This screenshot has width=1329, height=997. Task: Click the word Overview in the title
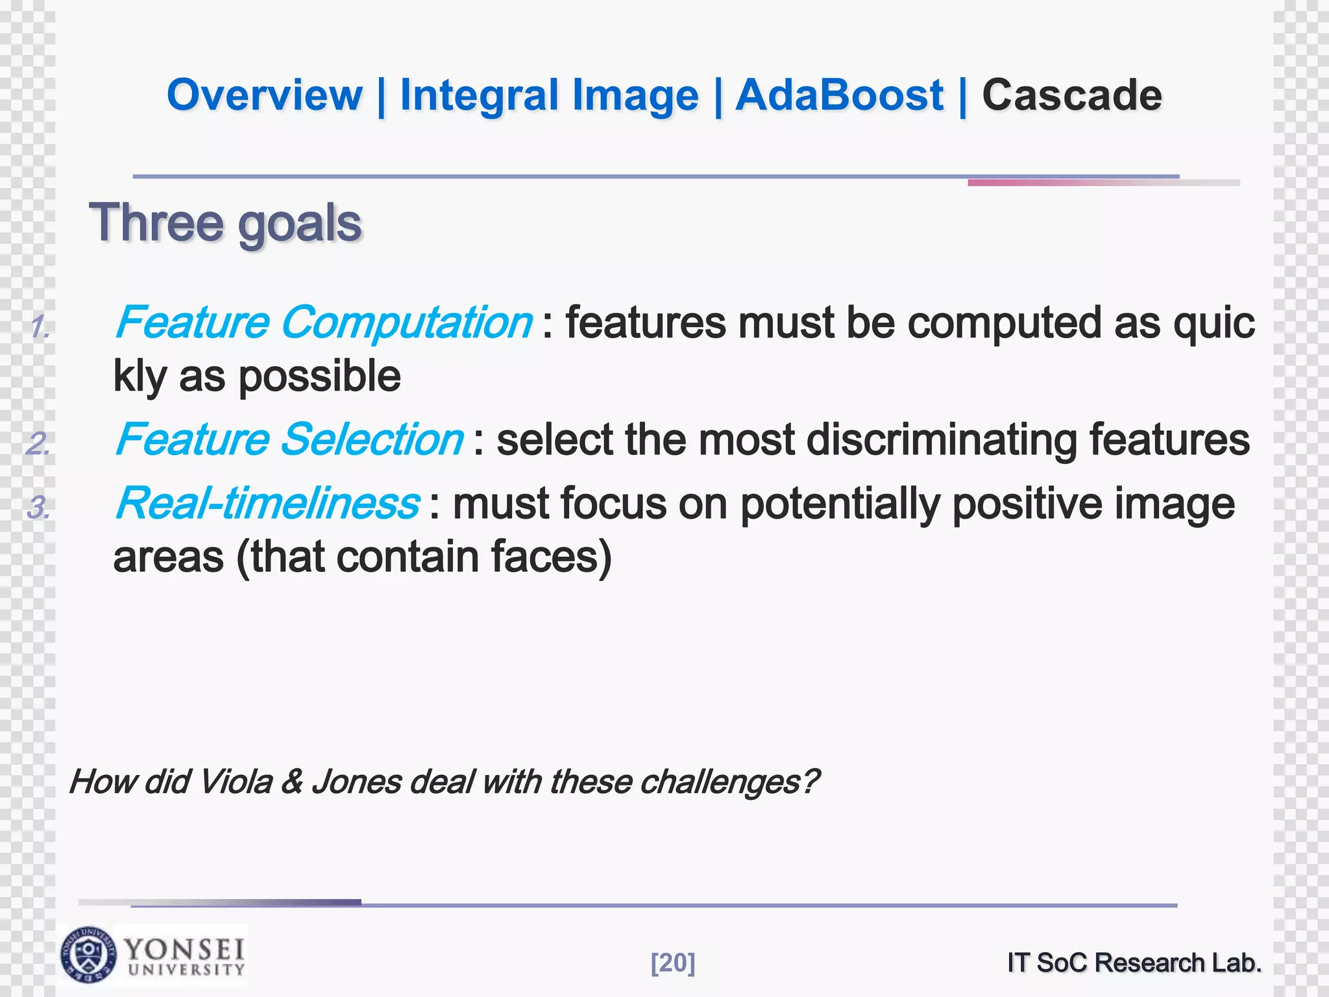[264, 95]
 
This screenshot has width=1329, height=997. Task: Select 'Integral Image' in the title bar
[549, 95]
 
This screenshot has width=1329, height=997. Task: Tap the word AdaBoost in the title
[839, 95]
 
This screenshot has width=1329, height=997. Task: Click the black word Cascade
[1071, 95]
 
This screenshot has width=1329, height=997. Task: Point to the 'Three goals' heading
[225, 223]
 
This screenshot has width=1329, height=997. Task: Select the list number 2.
[38, 443]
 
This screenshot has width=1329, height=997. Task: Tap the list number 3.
[38, 507]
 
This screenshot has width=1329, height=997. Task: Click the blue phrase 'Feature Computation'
[323, 323]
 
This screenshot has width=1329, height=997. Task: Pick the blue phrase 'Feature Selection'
[289, 439]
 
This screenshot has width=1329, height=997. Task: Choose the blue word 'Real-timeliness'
[267, 503]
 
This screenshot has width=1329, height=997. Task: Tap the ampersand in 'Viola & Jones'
[292, 782]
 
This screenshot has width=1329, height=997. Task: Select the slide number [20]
[672, 963]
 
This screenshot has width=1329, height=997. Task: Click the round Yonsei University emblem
[89, 954]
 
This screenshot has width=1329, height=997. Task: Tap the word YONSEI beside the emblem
[184, 950]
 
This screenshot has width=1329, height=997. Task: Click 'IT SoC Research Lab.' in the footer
[1134, 963]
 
